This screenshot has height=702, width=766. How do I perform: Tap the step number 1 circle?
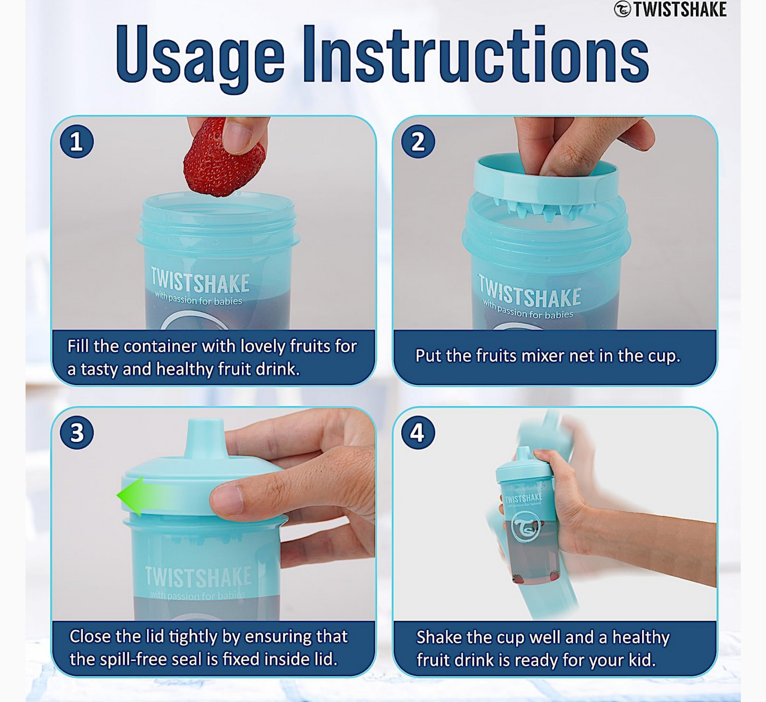pyautogui.click(x=77, y=142)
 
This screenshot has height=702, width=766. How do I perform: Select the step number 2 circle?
pyautogui.click(x=418, y=142)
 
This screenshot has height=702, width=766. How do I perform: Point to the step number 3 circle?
pyautogui.click(x=77, y=432)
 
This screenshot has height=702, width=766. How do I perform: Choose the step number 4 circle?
pyautogui.click(x=418, y=432)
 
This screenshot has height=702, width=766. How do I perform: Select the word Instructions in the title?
pyautogui.click(x=476, y=55)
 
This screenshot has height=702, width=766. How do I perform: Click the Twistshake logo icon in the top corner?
pyautogui.click(x=622, y=9)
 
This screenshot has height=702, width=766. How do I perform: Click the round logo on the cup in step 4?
pyautogui.click(x=525, y=527)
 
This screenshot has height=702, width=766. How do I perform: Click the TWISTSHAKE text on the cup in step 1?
pyautogui.click(x=200, y=281)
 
